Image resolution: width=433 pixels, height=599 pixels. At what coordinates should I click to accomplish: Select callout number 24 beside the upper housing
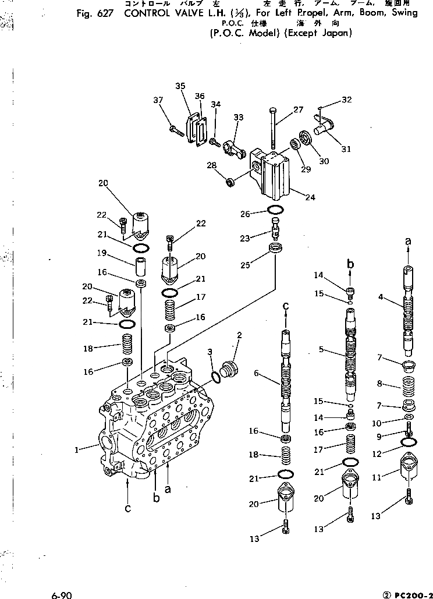(x=310, y=197)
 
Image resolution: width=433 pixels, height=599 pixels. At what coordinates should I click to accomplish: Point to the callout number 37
(x=158, y=100)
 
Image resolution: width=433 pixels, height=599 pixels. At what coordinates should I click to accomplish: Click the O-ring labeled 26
(x=276, y=210)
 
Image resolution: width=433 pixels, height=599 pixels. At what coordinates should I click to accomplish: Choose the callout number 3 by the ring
(x=211, y=353)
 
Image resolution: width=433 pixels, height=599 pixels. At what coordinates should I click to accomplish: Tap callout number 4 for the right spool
(x=380, y=297)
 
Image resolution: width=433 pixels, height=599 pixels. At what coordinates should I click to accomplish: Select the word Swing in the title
(x=404, y=13)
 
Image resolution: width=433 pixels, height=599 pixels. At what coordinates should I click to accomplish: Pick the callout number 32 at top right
(x=363, y=100)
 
